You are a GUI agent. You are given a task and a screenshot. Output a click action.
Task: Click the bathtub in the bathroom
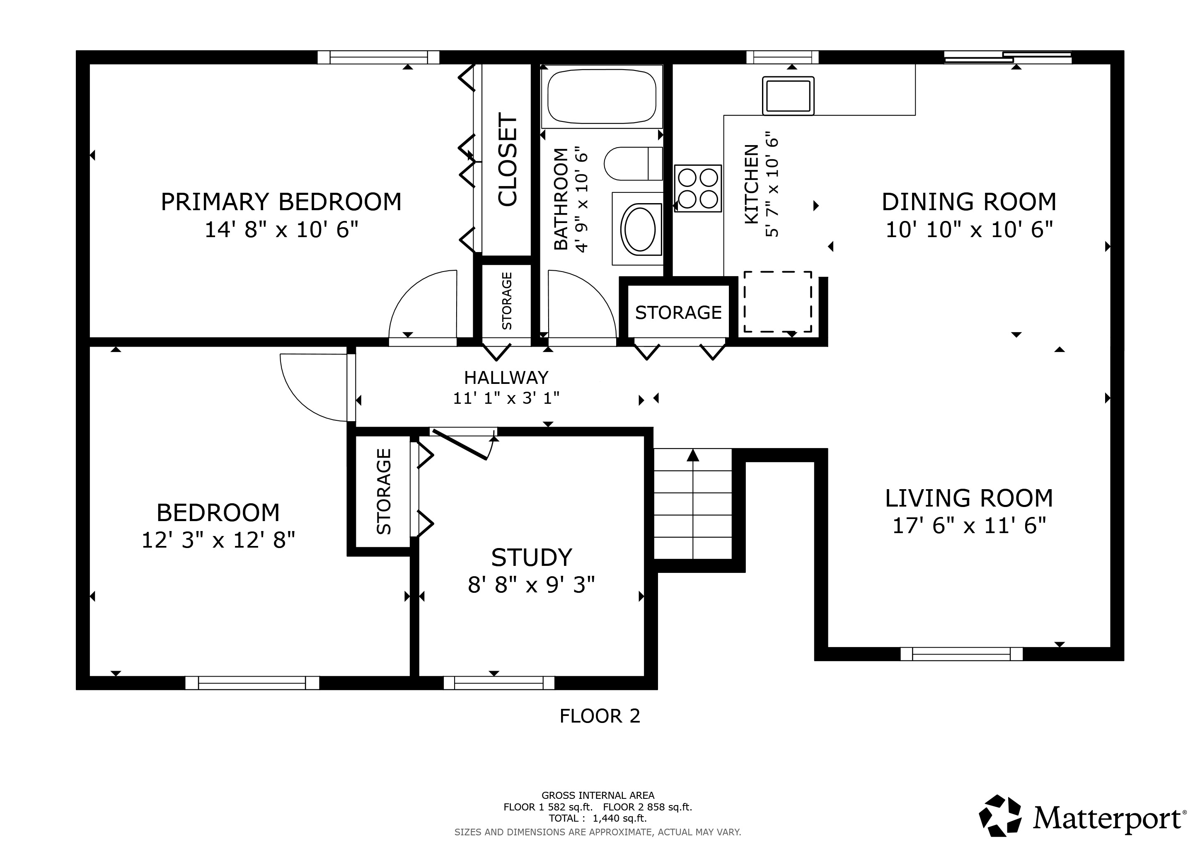(x=602, y=96)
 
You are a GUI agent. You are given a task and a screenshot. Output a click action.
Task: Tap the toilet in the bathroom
(x=633, y=164)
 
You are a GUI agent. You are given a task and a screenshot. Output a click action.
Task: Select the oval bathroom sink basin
(x=640, y=229)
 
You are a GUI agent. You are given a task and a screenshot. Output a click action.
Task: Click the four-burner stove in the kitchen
(x=698, y=188)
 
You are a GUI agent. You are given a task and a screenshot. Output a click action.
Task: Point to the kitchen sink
(x=788, y=95)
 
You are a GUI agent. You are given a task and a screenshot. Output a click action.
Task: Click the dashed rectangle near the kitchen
(x=778, y=302)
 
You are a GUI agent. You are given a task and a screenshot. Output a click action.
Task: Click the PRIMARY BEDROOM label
(x=281, y=202)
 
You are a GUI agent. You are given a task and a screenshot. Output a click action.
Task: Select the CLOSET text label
(x=507, y=160)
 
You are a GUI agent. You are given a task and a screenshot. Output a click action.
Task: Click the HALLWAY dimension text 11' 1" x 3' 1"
(x=506, y=398)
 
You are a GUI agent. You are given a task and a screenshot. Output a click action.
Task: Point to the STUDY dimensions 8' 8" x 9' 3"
(x=532, y=585)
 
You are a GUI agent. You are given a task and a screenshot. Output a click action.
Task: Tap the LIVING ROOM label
(x=969, y=498)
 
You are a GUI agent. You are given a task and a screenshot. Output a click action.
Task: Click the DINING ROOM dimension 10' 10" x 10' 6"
(x=969, y=230)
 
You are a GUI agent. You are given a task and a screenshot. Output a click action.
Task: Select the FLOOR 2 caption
(x=600, y=716)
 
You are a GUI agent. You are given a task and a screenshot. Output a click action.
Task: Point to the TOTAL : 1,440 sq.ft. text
(x=598, y=818)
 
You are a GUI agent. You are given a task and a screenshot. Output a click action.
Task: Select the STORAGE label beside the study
(x=384, y=491)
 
